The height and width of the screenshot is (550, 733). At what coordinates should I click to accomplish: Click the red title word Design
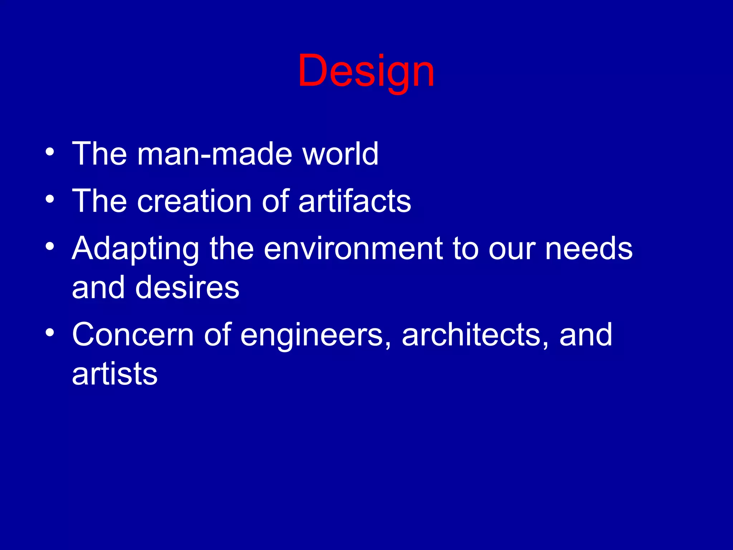coord(366,72)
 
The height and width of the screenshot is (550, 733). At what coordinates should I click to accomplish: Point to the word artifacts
coord(355,201)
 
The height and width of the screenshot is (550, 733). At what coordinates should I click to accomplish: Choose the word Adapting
coord(135,249)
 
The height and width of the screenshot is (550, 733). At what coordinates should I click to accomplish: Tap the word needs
coord(589,249)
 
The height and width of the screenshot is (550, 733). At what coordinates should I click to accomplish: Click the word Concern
coord(133,335)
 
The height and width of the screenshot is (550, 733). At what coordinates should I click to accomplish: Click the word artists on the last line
coord(115,374)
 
